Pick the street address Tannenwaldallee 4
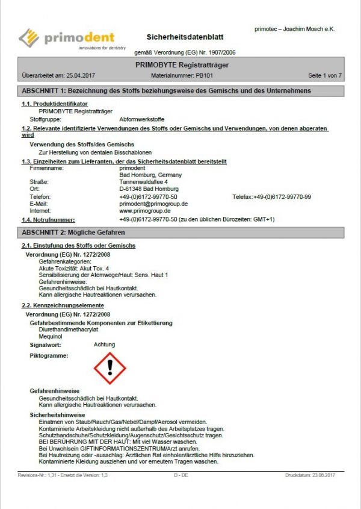(x=143, y=182)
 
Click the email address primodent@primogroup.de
(x=153, y=204)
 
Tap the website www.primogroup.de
(x=145, y=211)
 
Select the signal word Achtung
(x=105, y=345)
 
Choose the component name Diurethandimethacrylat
(x=69, y=330)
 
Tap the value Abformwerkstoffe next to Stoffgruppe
(x=142, y=119)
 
